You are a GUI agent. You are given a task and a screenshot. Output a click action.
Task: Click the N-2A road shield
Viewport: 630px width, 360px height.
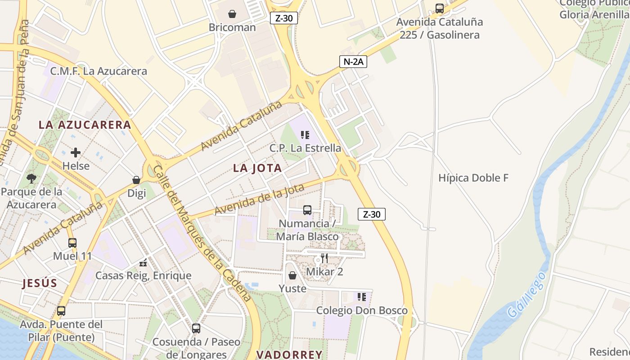tap(353, 62)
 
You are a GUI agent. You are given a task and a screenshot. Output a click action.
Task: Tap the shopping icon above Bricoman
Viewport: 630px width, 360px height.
tap(232, 14)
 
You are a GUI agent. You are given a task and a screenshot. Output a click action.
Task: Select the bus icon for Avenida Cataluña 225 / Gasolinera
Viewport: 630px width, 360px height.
tap(440, 8)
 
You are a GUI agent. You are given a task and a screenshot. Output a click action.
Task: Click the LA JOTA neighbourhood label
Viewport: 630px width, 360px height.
tap(257, 168)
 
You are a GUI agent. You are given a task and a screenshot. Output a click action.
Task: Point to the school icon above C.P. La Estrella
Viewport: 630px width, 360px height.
tap(305, 135)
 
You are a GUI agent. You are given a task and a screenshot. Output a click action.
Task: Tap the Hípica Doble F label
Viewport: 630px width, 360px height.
tap(473, 178)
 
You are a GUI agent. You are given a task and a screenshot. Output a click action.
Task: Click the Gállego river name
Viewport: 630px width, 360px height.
tap(526, 295)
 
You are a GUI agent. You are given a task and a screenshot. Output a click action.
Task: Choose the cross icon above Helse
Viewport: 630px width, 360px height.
tap(76, 153)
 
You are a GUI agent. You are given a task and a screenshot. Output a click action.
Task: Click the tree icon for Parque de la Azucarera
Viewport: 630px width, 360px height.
tap(31, 179)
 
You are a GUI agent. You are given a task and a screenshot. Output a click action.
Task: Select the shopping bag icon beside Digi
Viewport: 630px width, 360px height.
tap(136, 180)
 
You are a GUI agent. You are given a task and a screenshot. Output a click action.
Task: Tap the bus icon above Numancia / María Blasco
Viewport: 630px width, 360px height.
tap(307, 210)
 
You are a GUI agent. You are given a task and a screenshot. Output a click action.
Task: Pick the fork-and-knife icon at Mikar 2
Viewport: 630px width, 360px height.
tap(324, 258)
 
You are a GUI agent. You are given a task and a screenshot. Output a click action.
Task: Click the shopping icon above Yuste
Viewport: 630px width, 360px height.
tap(292, 275)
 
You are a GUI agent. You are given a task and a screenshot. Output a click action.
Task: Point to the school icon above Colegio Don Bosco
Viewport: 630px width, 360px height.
tap(362, 297)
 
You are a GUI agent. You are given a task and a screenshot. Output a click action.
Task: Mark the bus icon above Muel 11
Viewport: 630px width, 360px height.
tap(72, 243)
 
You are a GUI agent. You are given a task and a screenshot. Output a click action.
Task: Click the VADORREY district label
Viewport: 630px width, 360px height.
tap(289, 355)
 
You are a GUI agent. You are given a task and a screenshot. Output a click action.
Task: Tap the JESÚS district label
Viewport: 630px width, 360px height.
tap(40, 283)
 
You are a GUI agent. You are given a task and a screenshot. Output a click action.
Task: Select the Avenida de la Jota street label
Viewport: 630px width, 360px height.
tap(259, 199)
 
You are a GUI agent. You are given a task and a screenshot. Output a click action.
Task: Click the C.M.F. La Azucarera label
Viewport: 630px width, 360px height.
tap(99, 71)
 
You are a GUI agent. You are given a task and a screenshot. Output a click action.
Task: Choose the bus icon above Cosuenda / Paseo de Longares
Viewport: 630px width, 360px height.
tap(196, 328)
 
